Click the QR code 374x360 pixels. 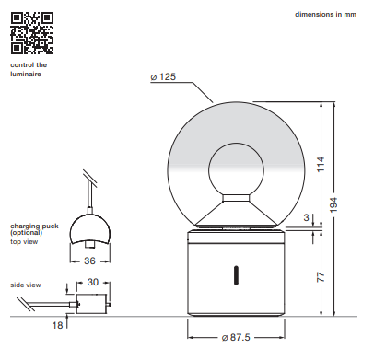pyautogui.click(x=32, y=33)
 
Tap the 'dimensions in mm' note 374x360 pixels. pyautogui.click(x=325, y=14)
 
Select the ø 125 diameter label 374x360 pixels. pyautogui.click(x=163, y=76)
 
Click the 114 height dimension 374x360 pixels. pyautogui.click(x=321, y=164)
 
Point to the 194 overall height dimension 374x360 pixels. pyautogui.click(x=333, y=204)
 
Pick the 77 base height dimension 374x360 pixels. pyautogui.click(x=321, y=276)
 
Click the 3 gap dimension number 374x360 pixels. pyautogui.click(x=306, y=217)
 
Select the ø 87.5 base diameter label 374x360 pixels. pyautogui.click(x=236, y=337)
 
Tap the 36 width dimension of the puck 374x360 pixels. pyautogui.click(x=89, y=261)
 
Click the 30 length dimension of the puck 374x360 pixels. pyautogui.click(x=93, y=282)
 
